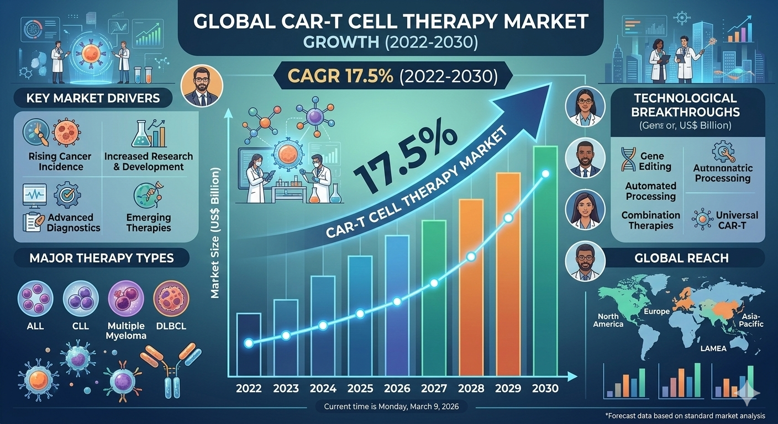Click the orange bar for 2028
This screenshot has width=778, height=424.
click(471, 287)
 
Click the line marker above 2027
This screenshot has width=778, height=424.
click(434, 283)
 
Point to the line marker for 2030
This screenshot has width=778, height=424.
click(546, 174)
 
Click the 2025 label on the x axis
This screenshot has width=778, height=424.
click(360, 388)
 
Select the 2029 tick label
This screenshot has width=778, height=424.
click(508, 388)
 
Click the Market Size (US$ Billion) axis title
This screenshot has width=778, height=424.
click(215, 235)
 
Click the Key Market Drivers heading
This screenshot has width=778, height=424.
click(93, 99)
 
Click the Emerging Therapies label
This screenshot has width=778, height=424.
click(149, 222)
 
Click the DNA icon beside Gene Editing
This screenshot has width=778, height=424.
click(628, 160)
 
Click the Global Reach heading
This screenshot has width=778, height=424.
click(681, 258)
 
